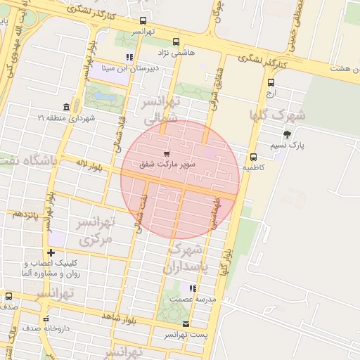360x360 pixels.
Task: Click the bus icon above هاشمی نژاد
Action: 176,41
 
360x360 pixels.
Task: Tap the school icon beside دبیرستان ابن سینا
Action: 129,57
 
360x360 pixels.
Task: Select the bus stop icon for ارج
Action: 271,82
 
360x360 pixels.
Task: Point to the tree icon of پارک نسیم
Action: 286,134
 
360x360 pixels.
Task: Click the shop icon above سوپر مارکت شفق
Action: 166,153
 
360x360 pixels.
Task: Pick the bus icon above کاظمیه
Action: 253,157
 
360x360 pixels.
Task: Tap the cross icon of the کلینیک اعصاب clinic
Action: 51,252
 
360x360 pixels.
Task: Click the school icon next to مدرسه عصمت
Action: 193,288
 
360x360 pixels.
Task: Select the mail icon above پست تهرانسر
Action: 186,324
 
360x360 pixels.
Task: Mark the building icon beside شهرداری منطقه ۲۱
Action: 65,107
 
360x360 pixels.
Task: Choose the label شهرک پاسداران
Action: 186,259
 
